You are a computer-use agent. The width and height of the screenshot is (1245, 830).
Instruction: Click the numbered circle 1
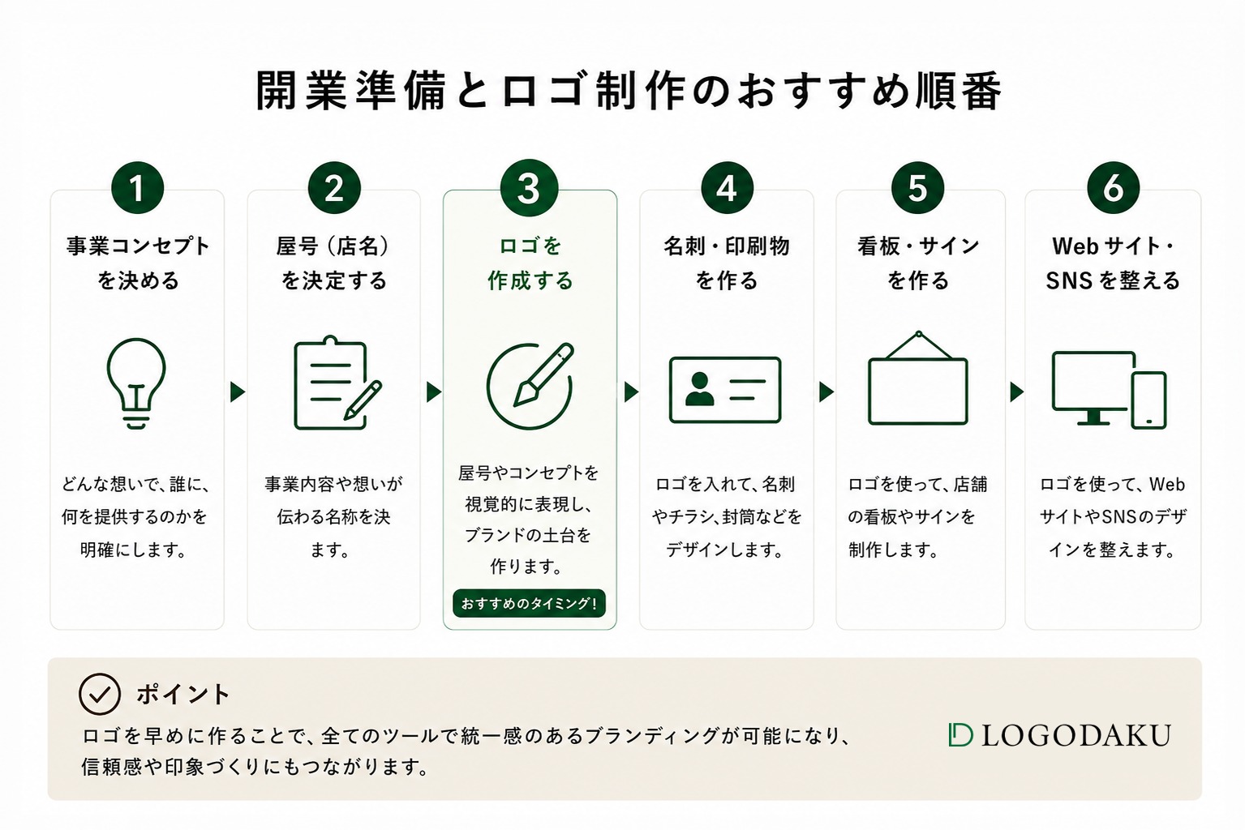[137, 188]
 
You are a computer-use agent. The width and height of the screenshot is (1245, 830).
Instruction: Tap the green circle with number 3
[529, 188]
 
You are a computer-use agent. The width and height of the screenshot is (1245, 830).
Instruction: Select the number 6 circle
[1114, 188]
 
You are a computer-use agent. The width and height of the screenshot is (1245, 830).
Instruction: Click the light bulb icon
[136, 383]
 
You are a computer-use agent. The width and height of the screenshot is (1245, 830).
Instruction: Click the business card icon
[725, 390]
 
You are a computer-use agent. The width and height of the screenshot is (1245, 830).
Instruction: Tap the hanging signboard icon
[918, 378]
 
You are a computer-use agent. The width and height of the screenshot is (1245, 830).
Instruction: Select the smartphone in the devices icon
[1148, 400]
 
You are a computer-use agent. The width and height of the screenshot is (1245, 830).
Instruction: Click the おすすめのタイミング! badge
[529, 603]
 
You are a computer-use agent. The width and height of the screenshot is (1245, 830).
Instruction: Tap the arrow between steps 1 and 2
[238, 391]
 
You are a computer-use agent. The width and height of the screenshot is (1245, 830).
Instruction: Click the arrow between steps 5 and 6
[1016, 391]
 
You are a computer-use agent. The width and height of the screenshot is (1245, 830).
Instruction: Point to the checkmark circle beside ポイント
[100, 694]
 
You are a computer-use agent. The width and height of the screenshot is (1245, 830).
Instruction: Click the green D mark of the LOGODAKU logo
[960, 734]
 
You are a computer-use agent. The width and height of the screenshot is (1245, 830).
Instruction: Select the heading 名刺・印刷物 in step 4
[727, 246]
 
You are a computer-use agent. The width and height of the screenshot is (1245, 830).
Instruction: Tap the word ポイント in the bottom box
[182, 695]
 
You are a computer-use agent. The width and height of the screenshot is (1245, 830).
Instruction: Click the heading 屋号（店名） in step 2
[333, 246]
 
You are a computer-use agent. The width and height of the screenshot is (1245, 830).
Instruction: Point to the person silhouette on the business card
[700, 389]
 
